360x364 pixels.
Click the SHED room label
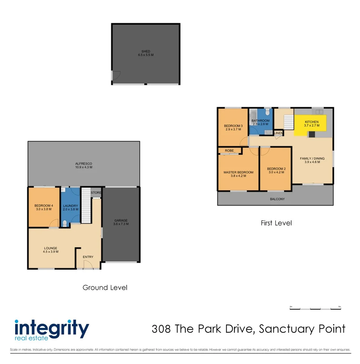point(145,51)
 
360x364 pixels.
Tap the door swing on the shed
point(116,76)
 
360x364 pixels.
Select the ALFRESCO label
point(84,164)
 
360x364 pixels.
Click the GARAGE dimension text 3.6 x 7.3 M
point(121,224)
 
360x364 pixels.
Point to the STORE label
point(96,193)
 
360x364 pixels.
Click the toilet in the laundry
point(65,223)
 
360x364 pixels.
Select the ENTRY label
point(88,257)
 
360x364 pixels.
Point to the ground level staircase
point(86,206)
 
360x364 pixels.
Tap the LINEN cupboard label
point(279,133)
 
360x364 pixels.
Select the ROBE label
point(229,150)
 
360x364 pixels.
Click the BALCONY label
point(277,199)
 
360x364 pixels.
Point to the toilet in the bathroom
point(268,113)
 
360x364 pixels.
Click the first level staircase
point(289,122)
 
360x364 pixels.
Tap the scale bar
point(315,308)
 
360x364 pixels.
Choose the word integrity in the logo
point(52,327)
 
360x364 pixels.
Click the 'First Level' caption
point(276,223)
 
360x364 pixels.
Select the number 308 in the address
point(161,329)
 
